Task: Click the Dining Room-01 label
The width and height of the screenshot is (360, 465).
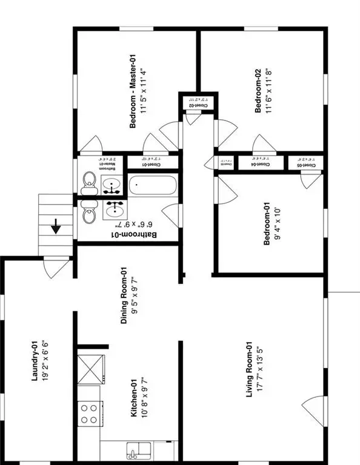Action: (124, 295)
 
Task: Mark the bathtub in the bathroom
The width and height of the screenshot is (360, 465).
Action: (152, 185)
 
